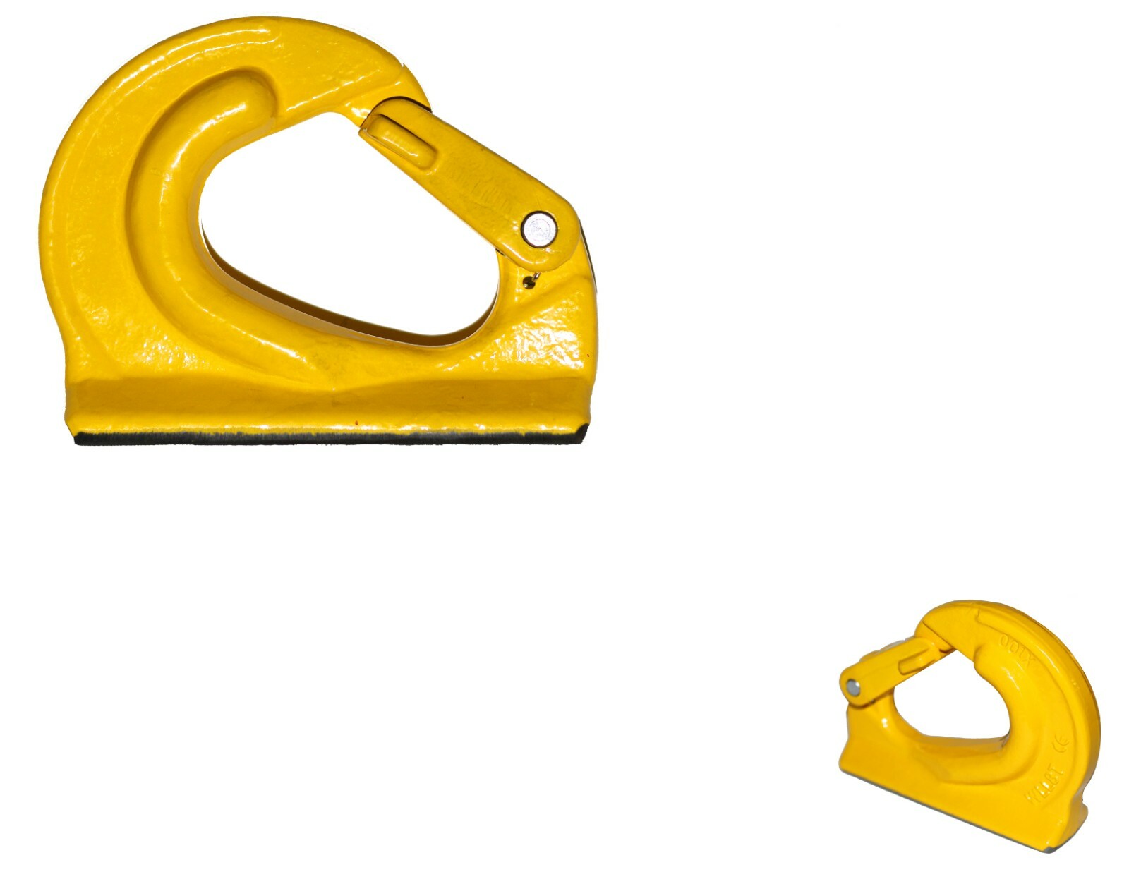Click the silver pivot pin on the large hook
point(539,229)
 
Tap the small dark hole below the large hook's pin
point(527,282)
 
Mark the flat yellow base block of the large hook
point(325,402)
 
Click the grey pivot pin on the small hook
point(853,686)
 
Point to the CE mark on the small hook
point(1059,745)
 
